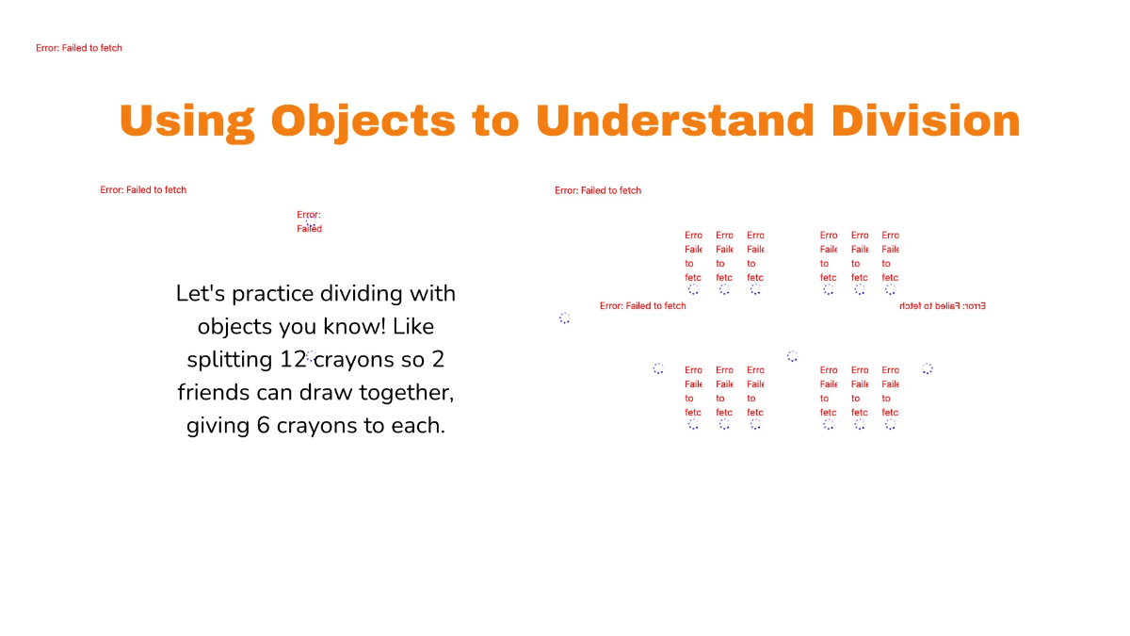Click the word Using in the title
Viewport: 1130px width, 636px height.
click(x=186, y=121)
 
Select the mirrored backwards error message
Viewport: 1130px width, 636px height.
click(x=942, y=306)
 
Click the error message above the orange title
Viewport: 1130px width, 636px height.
click(x=79, y=48)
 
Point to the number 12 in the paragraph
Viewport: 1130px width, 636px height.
click(x=293, y=360)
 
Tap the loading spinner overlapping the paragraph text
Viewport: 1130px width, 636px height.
click(x=311, y=356)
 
